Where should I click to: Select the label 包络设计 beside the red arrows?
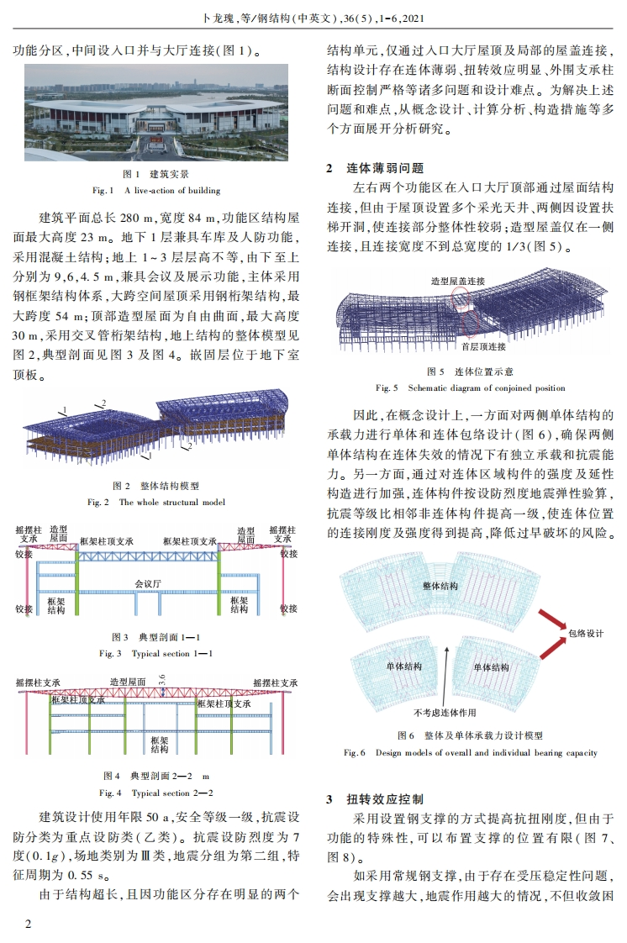(587, 634)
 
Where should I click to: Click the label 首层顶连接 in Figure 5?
(483, 345)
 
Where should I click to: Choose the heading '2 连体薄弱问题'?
(375, 168)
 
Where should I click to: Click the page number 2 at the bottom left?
(28, 925)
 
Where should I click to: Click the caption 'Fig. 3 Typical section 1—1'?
(156, 653)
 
